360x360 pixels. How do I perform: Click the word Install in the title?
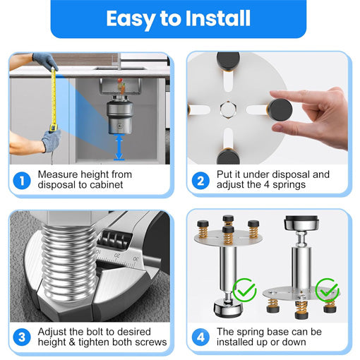(217, 18)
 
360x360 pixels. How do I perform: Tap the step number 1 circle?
(22, 181)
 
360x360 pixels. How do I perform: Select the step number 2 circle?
(200, 181)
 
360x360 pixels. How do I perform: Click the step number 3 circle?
(22, 337)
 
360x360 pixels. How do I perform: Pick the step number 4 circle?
(200, 337)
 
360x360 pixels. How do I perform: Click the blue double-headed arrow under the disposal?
(119, 147)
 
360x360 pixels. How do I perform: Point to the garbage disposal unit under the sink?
(120, 115)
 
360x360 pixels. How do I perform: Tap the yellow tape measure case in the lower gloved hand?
(54, 127)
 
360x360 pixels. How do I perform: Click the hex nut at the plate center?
(228, 109)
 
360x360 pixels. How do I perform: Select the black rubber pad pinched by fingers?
(280, 110)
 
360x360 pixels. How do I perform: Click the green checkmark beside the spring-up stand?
(244, 290)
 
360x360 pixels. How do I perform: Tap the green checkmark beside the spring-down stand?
(328, 290)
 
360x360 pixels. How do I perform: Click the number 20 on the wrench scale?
(117, 255)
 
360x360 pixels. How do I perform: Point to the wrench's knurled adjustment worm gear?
(114, 238)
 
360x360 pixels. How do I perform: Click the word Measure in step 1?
(57, 174)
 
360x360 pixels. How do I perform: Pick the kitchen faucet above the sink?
(118, 61)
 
